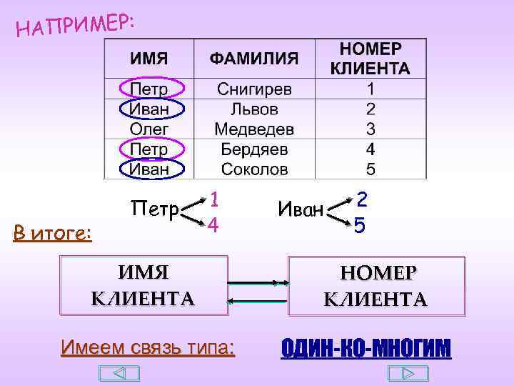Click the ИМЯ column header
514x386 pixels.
click(x=148, y=59)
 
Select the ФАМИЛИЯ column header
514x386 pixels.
click(x=254, y=59)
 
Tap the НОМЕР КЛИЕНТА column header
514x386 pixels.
click(x=370, y=59)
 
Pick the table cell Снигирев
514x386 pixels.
click(x=254, y=89)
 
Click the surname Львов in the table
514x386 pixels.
click(x=254, y=109)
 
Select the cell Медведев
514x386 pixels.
click(x=254, y=129)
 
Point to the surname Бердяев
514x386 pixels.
click(x=254, y=149)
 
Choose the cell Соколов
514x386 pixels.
click(x=254, y=169)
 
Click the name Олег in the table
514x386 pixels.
click(x=149, y=129)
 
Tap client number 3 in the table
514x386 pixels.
click(x=370, y=129)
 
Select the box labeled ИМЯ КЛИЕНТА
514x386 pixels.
click(x=143, y=284)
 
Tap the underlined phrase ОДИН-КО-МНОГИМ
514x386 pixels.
click(x=366, y=348)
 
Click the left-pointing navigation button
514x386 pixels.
click(x=119, y=374)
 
